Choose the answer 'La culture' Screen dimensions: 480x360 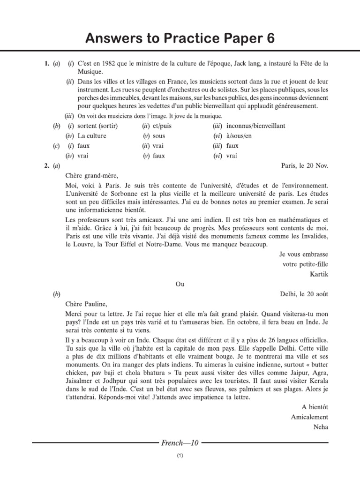pos(92,136)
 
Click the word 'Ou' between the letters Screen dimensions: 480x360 pos(180,284)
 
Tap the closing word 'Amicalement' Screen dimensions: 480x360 pos(309,417)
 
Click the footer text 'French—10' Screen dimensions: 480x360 pos(180,442)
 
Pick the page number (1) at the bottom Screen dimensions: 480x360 pos(180,456)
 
